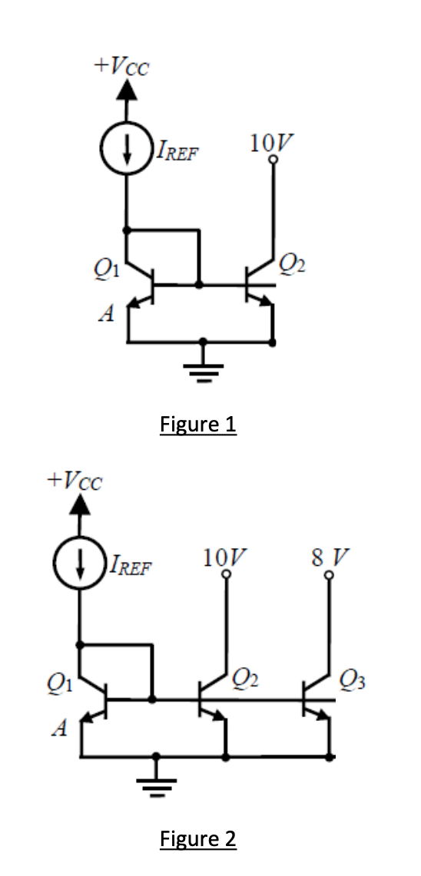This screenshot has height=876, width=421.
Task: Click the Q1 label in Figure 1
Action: [104, 270]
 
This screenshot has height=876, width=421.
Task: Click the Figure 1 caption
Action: [198, 424]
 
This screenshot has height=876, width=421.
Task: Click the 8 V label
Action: [330, 558]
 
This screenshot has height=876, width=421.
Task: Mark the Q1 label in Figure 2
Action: [57, 685]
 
